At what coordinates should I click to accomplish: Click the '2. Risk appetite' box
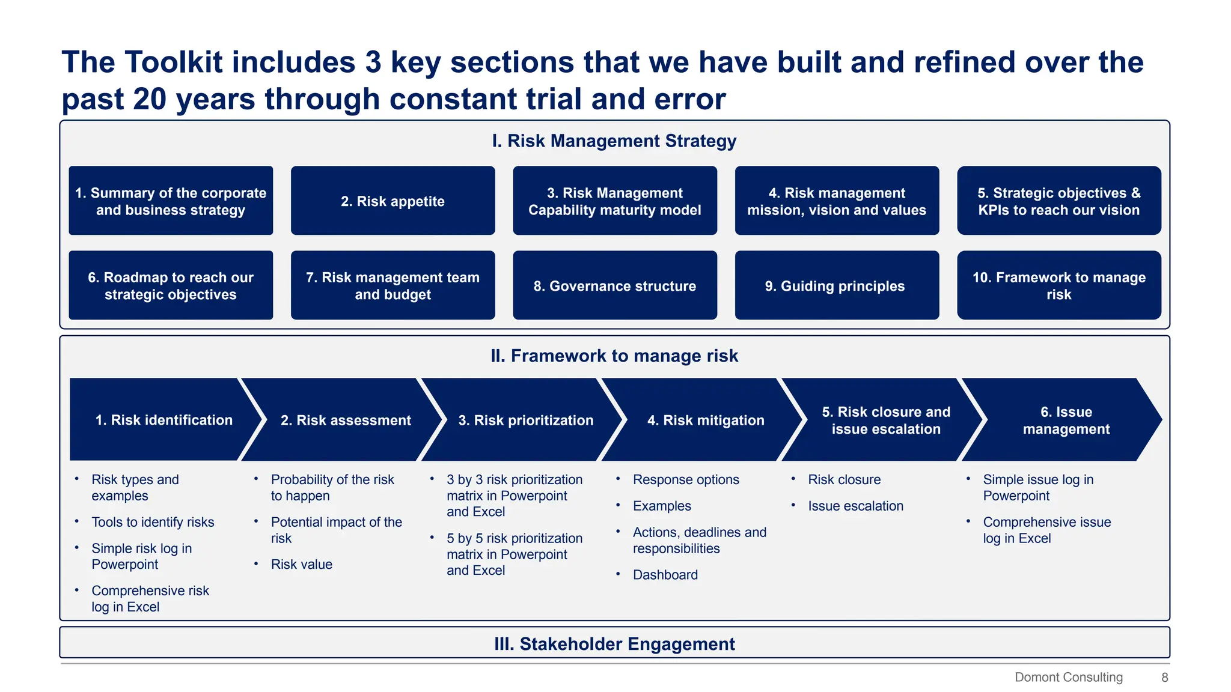pyautogui.click(x=393, y=201)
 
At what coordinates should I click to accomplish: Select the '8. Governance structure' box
pyautogui.click(x=614, y=285)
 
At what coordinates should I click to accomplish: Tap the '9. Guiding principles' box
pyautogui.click(x=836, y=285)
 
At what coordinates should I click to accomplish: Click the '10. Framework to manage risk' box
pyautogui.click(x=1058, y=285)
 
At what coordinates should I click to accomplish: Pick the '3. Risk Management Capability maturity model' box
pyautogui.click(x=614, y=201)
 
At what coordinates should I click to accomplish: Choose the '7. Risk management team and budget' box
pyautogui.click(x=393, y=285)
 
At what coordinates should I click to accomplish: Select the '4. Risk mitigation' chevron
pyautogui.click(x=705, y=420)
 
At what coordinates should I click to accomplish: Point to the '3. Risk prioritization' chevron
pyautogui.click(x=525, y=420)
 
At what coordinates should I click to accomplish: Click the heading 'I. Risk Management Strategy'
pyautogui.click(x=614, y=141)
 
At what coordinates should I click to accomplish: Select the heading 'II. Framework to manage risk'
pyautogui.click(x=614, y=356)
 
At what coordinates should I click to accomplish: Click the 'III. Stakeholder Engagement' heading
pyautogui.click(x=614, y=644)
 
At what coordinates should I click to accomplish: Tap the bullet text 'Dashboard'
pyautogui.click(x=665, y=575)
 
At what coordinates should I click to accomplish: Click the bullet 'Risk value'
pyautogui.click(x=301, y=564)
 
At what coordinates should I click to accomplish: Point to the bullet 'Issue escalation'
pyautogui.click(x=855, y=506)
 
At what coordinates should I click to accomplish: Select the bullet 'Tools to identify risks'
pyautogui.click(x=153, y=522)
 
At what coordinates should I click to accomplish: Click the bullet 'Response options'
pyautogui.click(x=685, y=479)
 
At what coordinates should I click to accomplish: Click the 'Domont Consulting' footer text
pyautogui.click(x=1068, y=677)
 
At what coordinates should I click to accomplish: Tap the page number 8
pyautogui.click(x=1164, y=677)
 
